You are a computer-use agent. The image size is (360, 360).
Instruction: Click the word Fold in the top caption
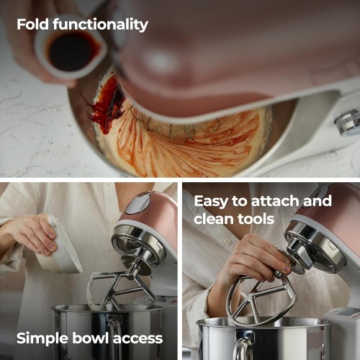tap(32, 24)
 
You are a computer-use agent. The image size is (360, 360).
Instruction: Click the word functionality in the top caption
tap(100, 25)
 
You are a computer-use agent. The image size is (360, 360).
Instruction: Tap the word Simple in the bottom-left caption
tap(42, 339)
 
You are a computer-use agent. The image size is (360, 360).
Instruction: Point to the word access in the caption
tap(138, 339)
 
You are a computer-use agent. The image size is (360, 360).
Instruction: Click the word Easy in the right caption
tap(211, 202)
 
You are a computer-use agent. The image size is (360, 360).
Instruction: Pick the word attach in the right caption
tap(276, 201)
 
